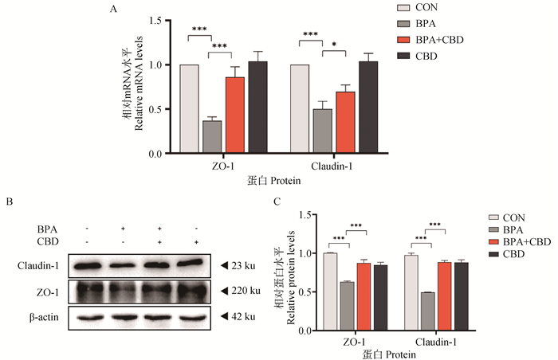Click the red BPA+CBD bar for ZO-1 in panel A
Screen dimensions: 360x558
coord(234,115)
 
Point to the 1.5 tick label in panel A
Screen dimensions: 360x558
coord(155,20)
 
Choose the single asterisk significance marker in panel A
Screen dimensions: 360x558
coord(334,45)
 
